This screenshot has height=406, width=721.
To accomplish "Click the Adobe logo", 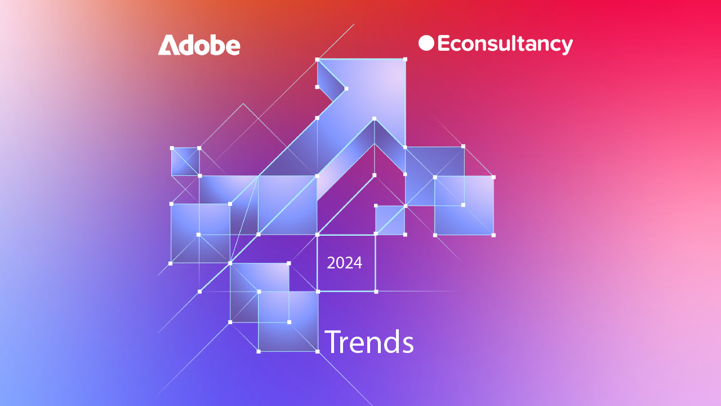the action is click(199, 45).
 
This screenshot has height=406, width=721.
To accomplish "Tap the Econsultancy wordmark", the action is click(505, 44).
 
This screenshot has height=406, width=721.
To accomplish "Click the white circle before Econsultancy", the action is click(426, 43).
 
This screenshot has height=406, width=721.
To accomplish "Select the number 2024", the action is click(344, 263).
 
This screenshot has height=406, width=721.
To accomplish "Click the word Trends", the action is click(369, 342).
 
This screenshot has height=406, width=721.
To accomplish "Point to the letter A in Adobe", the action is click(168, 45).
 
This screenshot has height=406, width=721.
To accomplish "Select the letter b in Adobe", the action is click(216, 45).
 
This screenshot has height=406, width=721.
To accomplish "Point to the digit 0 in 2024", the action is click(340, 263).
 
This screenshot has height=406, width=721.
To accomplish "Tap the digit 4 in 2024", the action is click(358, 263).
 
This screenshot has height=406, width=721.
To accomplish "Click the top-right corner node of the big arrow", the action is click(405, 59).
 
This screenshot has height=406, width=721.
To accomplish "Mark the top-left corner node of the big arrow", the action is click(317, 60).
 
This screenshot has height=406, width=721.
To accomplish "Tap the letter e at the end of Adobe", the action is click(233, 47).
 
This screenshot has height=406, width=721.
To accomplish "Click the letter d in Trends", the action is click(393, 342).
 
